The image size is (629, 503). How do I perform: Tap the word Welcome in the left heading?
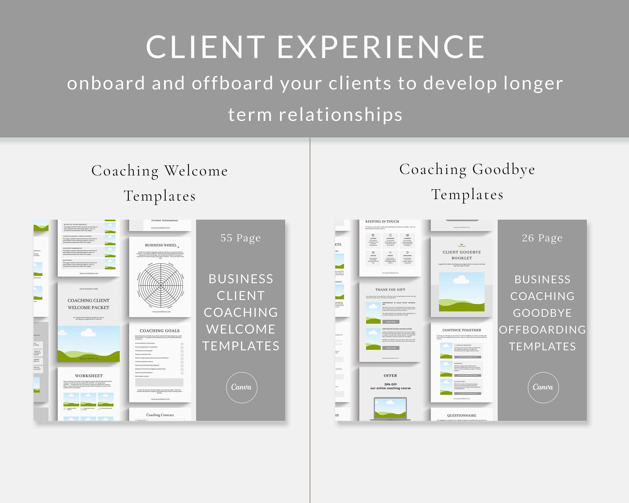196,171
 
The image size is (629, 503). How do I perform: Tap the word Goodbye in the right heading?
504,169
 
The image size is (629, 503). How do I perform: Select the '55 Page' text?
240,238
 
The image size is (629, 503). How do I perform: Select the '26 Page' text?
542,238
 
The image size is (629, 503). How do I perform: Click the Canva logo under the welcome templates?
242,387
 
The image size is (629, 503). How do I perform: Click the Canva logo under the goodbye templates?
543,387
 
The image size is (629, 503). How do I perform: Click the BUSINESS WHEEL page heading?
161,245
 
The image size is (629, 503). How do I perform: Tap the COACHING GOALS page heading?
160,331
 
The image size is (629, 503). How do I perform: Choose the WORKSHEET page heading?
89,376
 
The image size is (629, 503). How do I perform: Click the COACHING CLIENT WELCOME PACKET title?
88,304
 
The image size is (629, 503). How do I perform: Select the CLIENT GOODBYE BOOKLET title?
461,255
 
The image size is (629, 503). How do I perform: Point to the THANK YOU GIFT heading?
390,290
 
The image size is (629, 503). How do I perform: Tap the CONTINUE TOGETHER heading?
461,330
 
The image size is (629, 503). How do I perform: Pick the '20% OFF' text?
390,384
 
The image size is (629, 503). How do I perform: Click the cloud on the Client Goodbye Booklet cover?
461,280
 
